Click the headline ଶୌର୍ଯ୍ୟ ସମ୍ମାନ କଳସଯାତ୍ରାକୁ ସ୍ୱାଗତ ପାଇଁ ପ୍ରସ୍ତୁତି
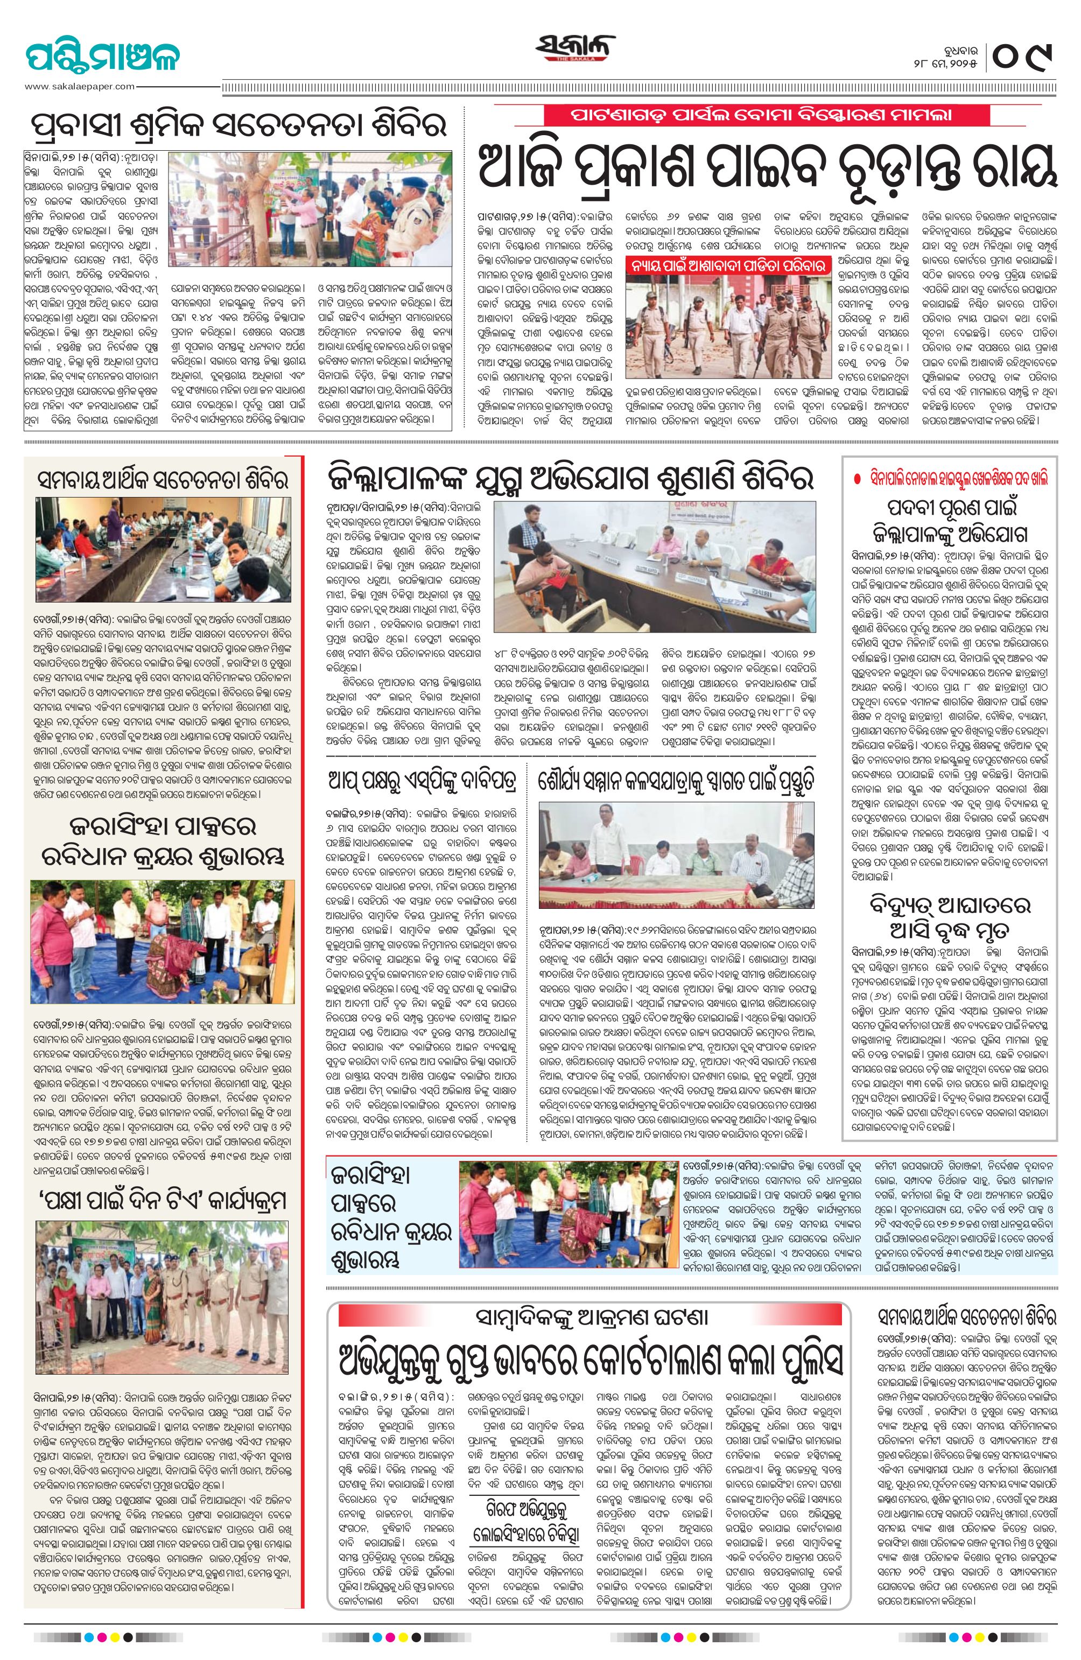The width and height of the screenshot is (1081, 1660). pyautogui.click(x=677, y=780)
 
